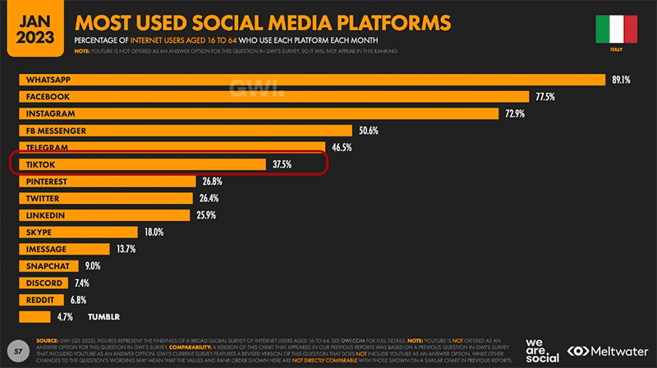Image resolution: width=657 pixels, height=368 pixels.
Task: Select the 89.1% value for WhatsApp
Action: coord(619,80)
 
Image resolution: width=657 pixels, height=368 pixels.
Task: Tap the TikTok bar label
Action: coord(41,164)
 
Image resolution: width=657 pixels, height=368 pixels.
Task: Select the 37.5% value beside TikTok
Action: coord(284,164)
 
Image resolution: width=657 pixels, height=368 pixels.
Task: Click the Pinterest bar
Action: coord(107,182)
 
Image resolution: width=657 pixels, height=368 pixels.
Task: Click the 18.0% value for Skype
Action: coord(154,232)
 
